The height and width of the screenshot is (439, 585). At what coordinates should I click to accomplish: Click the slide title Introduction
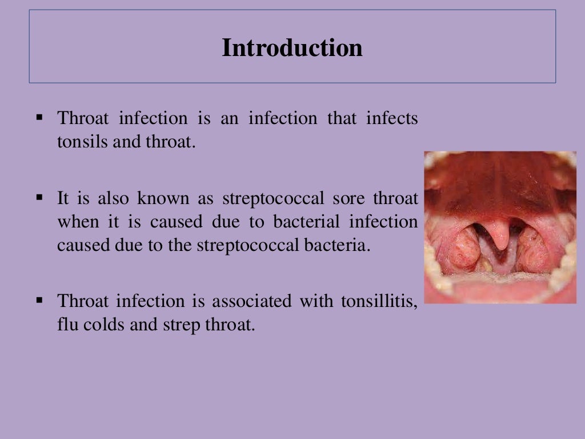tap(292, 48)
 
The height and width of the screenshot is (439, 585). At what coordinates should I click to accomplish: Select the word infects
tap(392, 119)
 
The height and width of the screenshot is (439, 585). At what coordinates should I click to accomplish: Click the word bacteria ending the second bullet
tap(338, 245)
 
